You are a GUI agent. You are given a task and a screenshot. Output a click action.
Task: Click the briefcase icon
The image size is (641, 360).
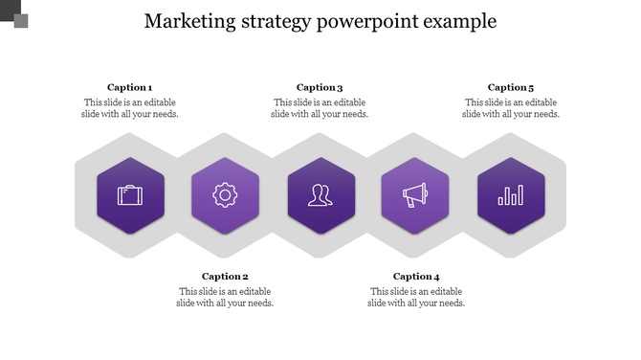pos(130,195)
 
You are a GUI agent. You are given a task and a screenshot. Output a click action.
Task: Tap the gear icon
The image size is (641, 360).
pos(225,195)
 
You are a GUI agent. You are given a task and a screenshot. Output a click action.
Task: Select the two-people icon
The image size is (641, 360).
pos(320,195)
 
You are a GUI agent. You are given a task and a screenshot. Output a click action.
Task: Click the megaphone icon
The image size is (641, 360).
pos(414,195)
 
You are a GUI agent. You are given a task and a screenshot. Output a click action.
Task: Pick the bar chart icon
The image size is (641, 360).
pos(510,195)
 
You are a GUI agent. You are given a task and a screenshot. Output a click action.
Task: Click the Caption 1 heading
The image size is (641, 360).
pos(129,87)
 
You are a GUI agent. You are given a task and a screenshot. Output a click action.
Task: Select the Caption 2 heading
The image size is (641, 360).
pos(225,277)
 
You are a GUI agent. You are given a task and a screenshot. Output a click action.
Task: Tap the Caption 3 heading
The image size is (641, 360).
pos(320,87)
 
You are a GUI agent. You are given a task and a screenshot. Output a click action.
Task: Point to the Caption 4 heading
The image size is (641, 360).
pos(416,277)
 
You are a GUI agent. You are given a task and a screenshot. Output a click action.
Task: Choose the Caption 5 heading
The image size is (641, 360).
pos(511,87)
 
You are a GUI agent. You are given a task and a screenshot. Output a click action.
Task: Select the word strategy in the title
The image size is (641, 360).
pos(275,21)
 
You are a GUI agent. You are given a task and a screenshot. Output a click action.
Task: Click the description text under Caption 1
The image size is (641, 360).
pos(129,108)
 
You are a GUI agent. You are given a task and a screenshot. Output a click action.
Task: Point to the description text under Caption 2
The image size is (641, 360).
pos(225,298)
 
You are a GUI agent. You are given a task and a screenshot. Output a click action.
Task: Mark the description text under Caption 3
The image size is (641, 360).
pos(320,108)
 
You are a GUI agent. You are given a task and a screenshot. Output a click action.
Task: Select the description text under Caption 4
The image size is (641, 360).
pos(416,298)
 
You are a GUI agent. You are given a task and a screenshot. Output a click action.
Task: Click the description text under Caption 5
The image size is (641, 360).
pos(511,108)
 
